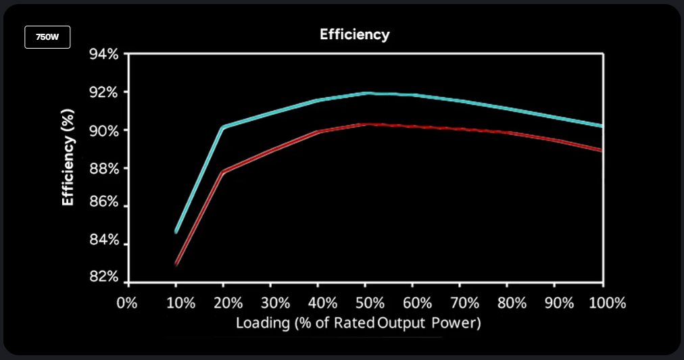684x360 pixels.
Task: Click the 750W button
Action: [47, 37]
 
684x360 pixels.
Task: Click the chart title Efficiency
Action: [354, 34]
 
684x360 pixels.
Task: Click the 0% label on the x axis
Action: [128, 303]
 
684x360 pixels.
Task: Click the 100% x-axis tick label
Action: [606, 303]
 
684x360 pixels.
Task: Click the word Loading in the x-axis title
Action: [262, 324]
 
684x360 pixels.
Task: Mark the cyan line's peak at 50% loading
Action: [366, 93]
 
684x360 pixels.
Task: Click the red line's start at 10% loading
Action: [176, 263]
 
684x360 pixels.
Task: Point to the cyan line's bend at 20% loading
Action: [223, 127]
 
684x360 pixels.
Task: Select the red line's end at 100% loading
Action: [602, 150]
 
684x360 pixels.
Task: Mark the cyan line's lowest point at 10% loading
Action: [176, 232]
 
